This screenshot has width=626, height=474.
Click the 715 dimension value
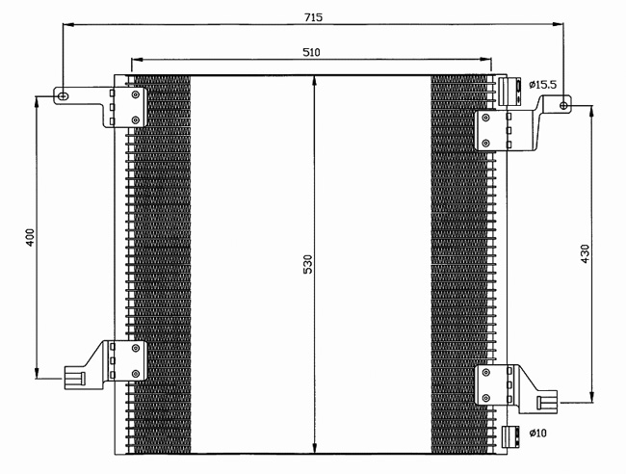pyautogui.click(x=313, y=17)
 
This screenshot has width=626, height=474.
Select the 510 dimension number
pyautogui.click(x=311, y=52)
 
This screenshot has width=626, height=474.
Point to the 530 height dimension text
pyautogui.click(x=308, y=264)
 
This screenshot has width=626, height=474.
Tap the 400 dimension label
pyautogui.click(x=31, y=237)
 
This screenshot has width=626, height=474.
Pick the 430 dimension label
pyautogui.click(x=585, y=253)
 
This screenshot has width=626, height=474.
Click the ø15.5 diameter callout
pyautogui.click(x=542, y=85)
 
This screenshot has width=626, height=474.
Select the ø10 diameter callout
pyautogui.click(x=537, y=433)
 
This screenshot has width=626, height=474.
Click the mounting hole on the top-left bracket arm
pyautogui.click(x=63, y=96)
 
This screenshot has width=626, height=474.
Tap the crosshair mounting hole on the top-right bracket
pyautogui.click(x=563, y=105)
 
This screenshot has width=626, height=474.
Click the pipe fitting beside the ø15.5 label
pyautogui.click(x=509, y=92)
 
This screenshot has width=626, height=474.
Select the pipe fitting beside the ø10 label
pyautogui.click(x=510, y=436)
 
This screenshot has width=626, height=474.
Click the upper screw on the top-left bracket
pyautogui.click(x=136, y=94)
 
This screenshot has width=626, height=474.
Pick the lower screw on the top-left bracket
pyautogui.click(x=136, y=119)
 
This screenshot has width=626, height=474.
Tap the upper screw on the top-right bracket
pyautogui.click(x=485, y=118)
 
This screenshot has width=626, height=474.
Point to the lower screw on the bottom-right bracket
pyautogui.click(x=485, y=398)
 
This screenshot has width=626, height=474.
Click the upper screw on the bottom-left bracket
pyautogui.click(x=136, y=348)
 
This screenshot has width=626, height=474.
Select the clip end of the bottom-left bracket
pyautogui.click(x=75, y=378)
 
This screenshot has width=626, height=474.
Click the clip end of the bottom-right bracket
pyautogui.click(x=547, y=402)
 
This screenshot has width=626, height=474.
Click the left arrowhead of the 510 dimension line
pyautogui.click(x=137, y=60)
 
